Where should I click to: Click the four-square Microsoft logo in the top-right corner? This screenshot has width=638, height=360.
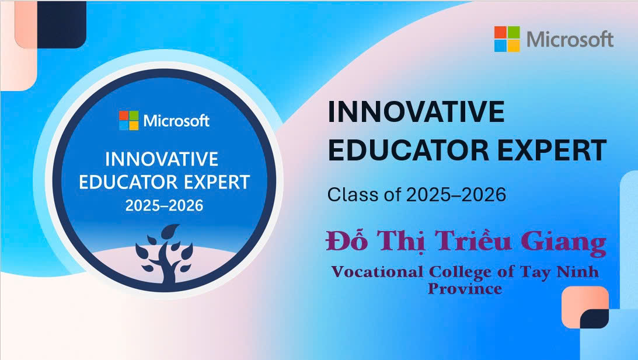pyautogui.click(x=507, y=39)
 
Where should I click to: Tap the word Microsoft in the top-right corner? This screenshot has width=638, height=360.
pyautogui.click(x=570, y=40)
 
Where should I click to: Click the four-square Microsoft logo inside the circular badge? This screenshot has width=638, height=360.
pyautogui.click(x=129, y=120)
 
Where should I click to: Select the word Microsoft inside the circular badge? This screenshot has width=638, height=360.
pyautogui.click(x=176, y=121)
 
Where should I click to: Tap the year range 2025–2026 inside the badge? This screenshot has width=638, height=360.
pyautogui.click(x=164, y=206)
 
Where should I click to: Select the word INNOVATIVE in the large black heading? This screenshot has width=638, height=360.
pyautogui.click(x=416, y=112)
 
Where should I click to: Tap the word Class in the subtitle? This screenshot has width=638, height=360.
pyautogui.click(x=349, y=194)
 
